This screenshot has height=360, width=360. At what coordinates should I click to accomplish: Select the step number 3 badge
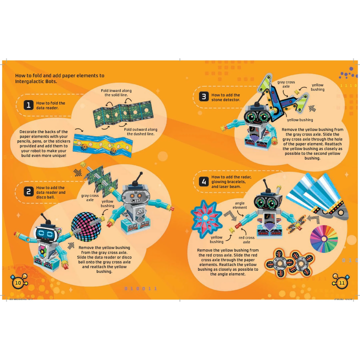[203, 96]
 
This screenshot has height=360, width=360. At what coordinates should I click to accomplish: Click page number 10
[17, 283]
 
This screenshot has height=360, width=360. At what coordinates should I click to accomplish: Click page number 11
[342, 283]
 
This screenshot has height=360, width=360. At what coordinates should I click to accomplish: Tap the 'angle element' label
[239, 205]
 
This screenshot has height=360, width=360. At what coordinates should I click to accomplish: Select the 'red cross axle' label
[246, 240]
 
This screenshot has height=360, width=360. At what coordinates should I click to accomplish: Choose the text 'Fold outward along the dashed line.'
[140, 131]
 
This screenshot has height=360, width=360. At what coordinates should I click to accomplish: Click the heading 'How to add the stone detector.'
[226, 97]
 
